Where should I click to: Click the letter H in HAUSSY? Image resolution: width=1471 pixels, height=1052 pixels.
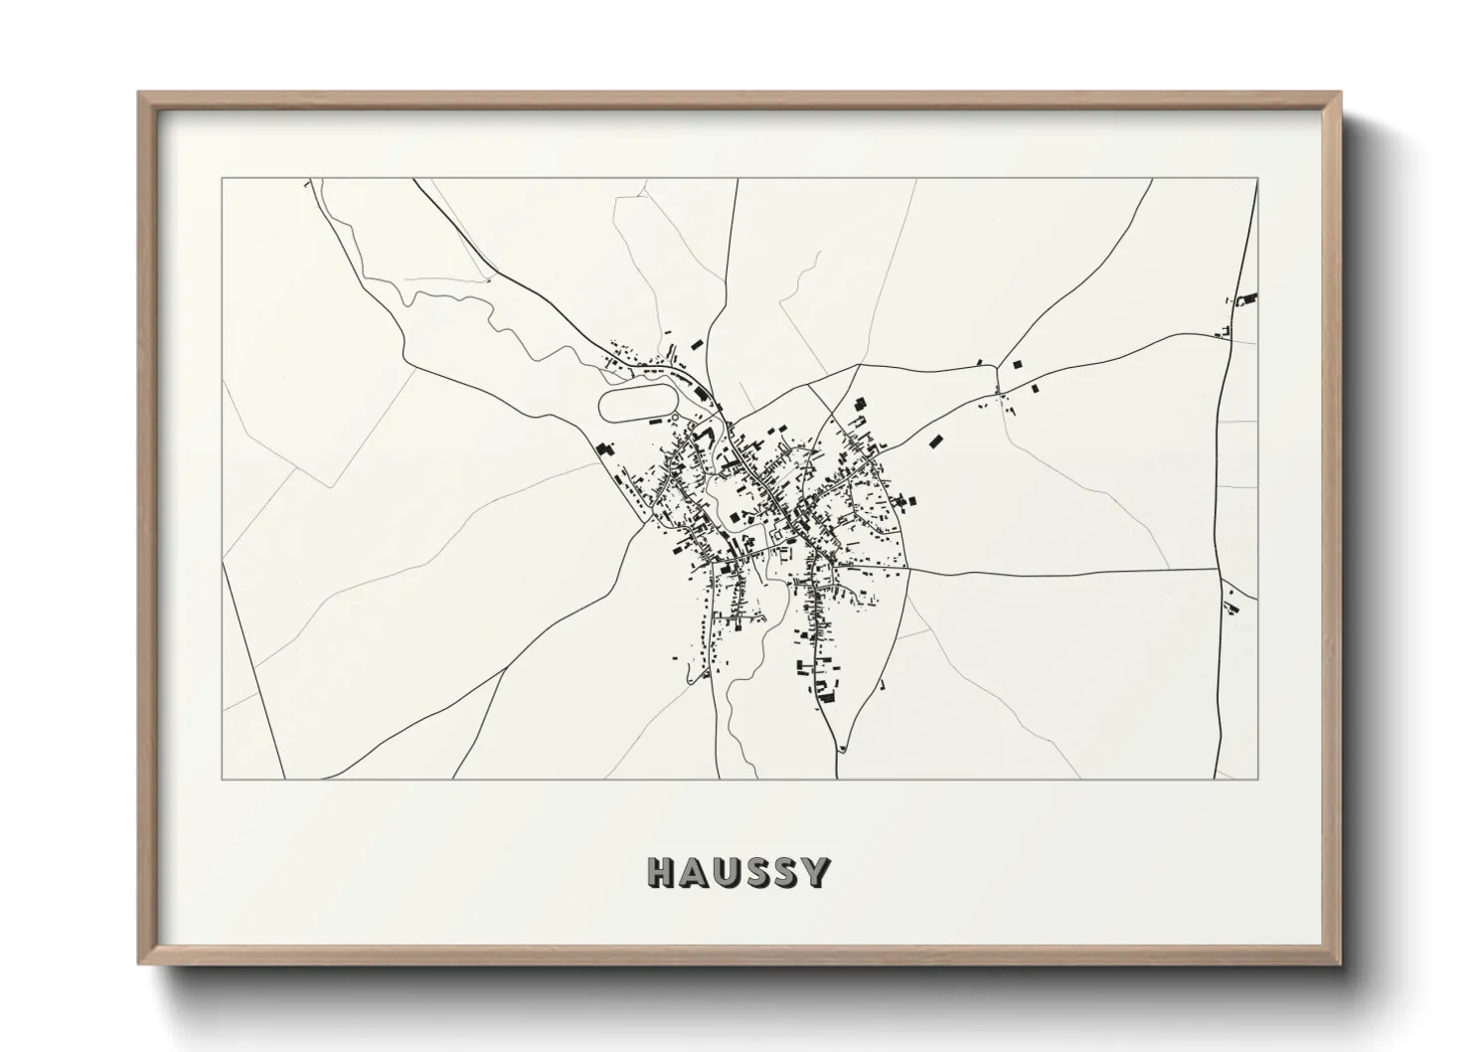662,873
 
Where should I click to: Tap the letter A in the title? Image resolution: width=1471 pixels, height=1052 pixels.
697,873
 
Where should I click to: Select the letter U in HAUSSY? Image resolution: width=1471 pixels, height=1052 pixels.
732,873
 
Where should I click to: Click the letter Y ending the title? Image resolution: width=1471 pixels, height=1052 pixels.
817,873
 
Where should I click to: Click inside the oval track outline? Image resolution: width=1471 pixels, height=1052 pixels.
636,405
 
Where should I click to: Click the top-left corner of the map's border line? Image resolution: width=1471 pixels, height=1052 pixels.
222,179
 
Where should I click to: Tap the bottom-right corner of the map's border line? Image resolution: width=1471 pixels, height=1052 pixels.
1257,779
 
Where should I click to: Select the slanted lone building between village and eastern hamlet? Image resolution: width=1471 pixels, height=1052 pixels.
935,440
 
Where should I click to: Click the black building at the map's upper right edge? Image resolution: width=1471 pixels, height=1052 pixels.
1250,296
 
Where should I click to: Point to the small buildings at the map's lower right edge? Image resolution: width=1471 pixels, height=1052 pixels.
1232,603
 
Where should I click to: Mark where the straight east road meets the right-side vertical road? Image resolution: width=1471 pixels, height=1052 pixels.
1217,570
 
